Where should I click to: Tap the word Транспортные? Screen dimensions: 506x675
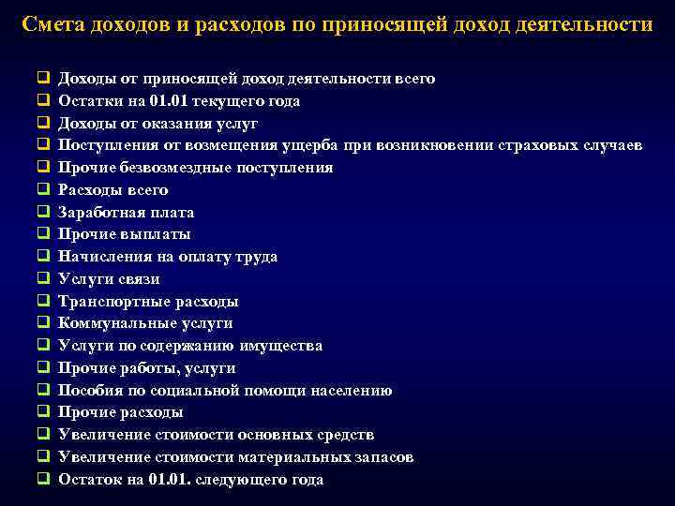(109, 302)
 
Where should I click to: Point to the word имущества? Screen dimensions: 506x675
(280, 346)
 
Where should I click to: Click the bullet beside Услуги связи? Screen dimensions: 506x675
(43, 278)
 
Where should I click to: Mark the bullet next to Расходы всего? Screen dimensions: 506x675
(43, 189)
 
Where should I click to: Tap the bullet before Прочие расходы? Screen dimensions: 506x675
(43, 412)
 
